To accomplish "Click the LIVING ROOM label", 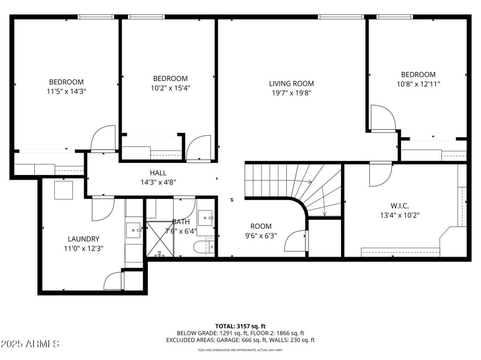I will (291, 84).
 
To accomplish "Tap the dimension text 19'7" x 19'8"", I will (291, 93).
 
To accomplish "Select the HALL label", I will (158, 172).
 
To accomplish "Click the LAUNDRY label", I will (84, 239).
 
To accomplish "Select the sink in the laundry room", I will (133, 228).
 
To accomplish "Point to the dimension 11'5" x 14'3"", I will (66, 91).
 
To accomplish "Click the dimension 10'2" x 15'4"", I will (170, 88).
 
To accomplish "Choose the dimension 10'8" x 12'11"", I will (418, 84).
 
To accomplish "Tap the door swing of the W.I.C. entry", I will (380, 174).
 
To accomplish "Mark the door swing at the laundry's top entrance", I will (102, 209).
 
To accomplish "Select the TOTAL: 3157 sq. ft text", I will (240, 326).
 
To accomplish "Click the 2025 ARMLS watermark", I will (30, 344).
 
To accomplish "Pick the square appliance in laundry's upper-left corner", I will (63, 190).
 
